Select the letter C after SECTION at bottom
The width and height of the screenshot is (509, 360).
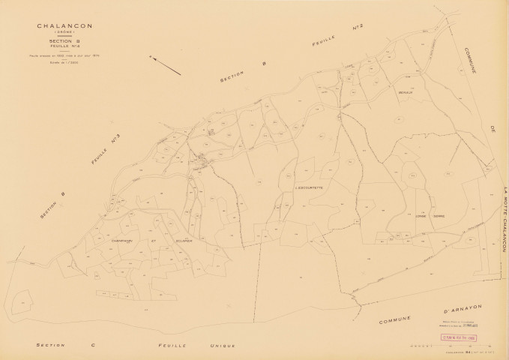(x=93, y=345)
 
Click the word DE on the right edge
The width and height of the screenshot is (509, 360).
(x=494, y=132)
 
